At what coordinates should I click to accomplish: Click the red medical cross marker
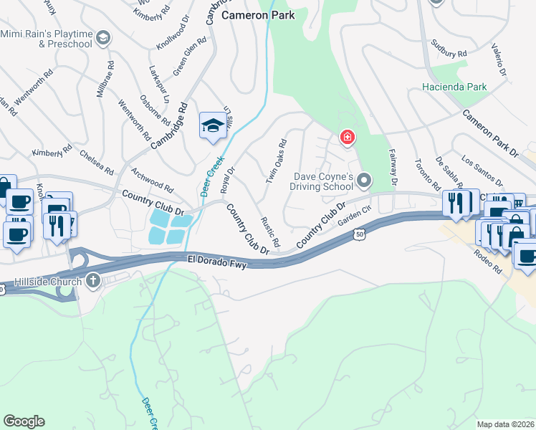tap(347, 137)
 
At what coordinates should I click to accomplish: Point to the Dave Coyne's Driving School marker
tap(364, 180)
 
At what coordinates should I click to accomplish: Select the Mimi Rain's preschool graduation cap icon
tap(103, 38)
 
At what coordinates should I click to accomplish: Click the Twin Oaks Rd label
tap(277, 161)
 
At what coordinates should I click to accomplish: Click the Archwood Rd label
tap(153, 180)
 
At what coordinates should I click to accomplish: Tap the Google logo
tap(24, 421)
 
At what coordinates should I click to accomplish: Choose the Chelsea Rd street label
tap(97, 163)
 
